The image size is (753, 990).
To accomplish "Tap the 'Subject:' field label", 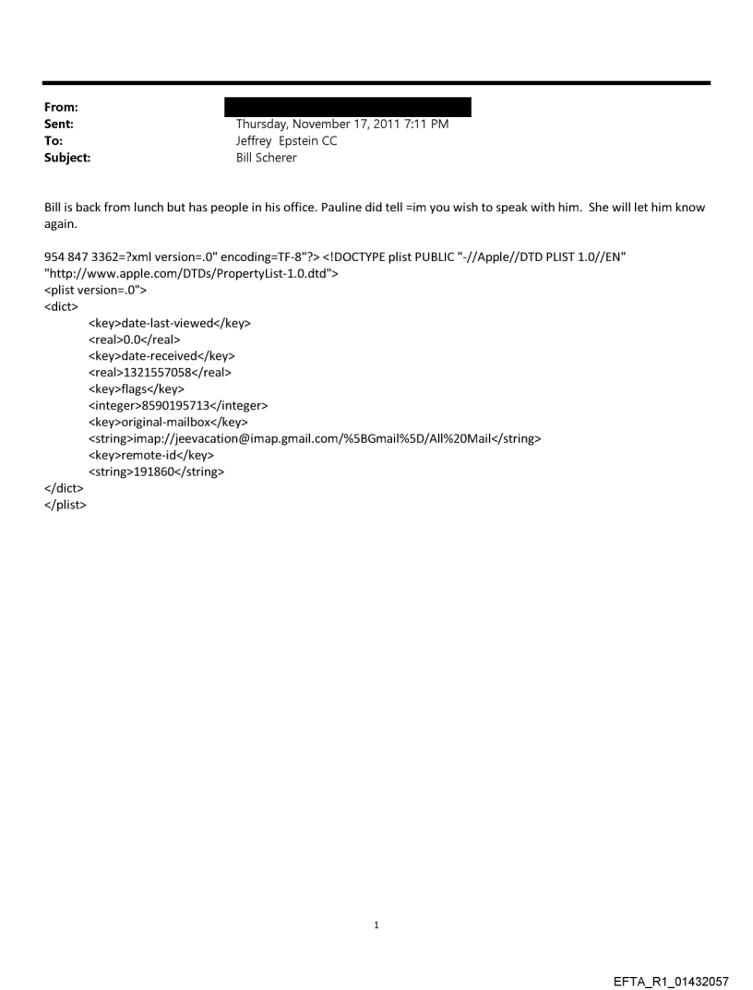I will click(65, 158).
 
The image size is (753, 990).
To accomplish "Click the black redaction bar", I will click(348, 107).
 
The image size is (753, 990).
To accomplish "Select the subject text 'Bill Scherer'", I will click(267, 158).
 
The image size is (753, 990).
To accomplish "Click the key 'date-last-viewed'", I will click(170, 323).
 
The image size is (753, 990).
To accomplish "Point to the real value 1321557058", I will click(160, 373).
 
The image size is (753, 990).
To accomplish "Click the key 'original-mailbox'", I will click(170, 422).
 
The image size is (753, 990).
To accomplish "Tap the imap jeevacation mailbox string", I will click(315, 438).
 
